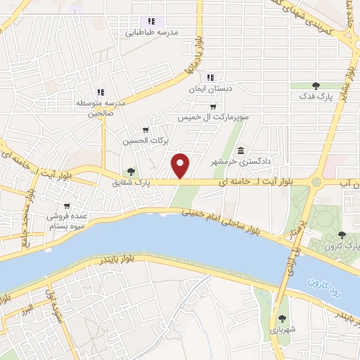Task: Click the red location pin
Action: click(x=181, y=166)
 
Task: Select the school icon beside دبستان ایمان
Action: click(x=210, y=77)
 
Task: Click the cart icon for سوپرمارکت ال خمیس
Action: click(x=213, y=107)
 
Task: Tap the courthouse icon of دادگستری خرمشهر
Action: click(x=240, y=151)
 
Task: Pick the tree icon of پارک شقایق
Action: click(x=131, y=172)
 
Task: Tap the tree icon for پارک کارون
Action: click(x=342, y=236)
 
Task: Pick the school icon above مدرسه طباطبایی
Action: click(x=150, y=21)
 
